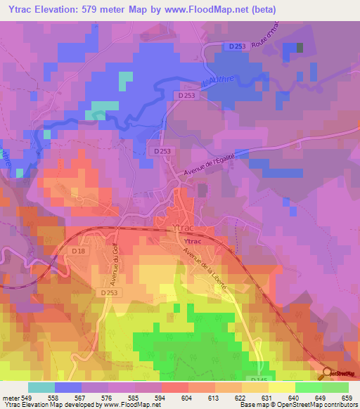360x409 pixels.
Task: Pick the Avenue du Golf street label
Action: [x=110, y=259]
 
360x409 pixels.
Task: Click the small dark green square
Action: [x=300, y=48]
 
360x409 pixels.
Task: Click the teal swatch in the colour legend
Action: [x=41, y=387]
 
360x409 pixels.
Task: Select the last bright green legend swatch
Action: [x=335, y=387]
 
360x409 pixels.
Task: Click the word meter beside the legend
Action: [x=10, y=397]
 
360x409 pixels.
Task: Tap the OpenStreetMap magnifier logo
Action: [x=326, y=373]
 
